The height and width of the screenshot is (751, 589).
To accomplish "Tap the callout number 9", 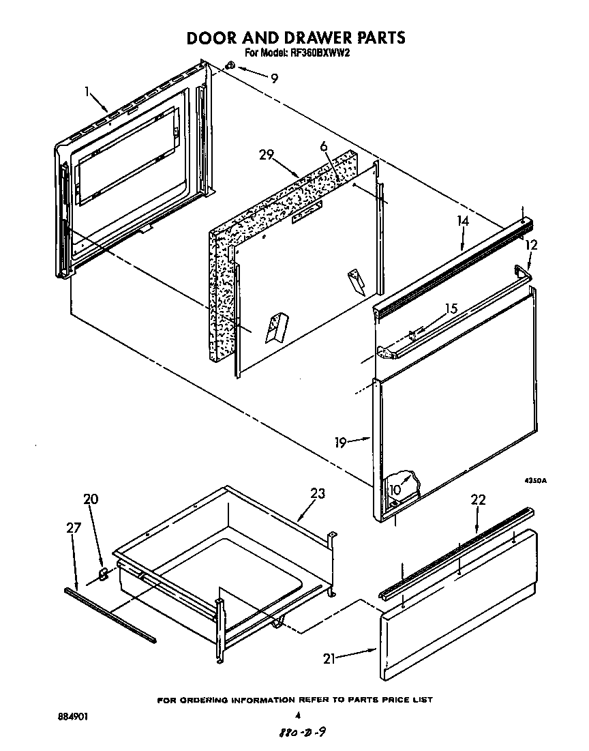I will coord(274,78).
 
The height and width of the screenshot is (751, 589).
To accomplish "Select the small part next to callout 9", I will coord(230,65).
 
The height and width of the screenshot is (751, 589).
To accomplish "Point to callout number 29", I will coord(267,155).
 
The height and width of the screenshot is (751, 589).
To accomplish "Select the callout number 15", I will coord(451,308).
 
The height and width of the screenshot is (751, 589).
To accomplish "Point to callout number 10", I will coord(395,489).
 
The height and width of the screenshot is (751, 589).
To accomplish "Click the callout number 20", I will coord(91,499).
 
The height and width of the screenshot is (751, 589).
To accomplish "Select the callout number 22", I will coord(478,500).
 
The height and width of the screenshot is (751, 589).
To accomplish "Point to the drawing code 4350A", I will coord(535,481).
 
